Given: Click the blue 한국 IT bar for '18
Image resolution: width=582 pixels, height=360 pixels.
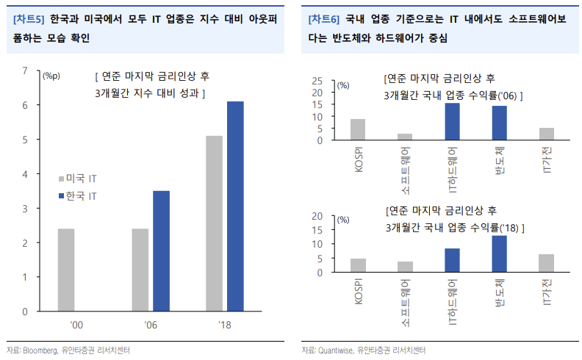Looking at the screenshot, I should (x=235, y=206).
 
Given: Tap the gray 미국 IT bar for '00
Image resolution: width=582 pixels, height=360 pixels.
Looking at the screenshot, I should (x=66, y=270).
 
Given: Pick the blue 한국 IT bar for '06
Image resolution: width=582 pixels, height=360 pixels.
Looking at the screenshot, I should (x=162, y=251).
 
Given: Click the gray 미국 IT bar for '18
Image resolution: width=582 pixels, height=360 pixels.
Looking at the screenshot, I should (x=214, y=223).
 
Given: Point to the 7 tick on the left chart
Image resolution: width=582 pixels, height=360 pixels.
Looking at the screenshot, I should (x=25, y=71).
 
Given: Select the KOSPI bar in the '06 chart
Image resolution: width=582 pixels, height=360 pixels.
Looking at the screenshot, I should (x=358, y=129).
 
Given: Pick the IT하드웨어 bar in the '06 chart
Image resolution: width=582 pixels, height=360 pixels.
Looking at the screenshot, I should (x=453, y=122).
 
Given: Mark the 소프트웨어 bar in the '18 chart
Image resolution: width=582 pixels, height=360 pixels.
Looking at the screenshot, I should (x=405, y=267).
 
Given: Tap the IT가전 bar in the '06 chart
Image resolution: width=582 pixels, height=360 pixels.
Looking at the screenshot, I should (x=547, y=134).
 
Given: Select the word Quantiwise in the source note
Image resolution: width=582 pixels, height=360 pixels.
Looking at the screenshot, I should (x=337, y=350).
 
